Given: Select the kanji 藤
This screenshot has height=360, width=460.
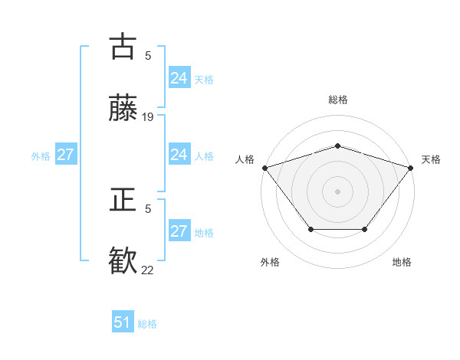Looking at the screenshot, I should click(x=123, y=108).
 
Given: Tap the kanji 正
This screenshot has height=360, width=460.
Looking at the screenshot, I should click(x=123, y=200).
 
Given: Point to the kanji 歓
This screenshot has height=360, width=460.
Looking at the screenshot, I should click(x=123, y=261).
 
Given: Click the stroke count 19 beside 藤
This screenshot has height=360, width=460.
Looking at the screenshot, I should click(x=148, y=117).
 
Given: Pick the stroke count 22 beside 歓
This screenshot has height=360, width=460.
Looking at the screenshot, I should click(x=148, y=270).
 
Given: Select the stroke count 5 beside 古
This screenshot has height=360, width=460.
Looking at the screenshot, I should click(x=148, y=55).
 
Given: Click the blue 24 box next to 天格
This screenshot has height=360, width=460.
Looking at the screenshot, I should click(x=179, y=78).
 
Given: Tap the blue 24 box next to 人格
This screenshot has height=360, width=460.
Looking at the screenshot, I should click(x=179, y=155).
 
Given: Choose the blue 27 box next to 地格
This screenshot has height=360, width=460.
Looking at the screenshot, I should click(x=179, y=231).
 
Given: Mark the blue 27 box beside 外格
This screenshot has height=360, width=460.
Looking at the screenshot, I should click(x=65, y=155).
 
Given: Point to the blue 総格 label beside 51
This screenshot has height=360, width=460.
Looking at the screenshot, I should click(x=147, y=324).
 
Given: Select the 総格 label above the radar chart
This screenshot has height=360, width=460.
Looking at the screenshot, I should click(x=337, y=100).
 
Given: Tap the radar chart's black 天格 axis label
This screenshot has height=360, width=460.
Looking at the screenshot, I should click(x=432, y=159).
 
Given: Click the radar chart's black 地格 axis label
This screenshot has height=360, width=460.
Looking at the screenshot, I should click(x=402, y=262).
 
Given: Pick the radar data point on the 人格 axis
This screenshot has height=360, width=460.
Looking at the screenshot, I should click(x=264, y=168).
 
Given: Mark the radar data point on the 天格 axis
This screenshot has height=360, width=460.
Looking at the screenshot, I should click(x=410, y=168).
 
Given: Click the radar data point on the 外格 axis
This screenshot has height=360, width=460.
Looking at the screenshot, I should click(x=310, y=229).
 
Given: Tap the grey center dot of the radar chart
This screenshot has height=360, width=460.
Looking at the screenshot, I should click(x=337, y=191).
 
